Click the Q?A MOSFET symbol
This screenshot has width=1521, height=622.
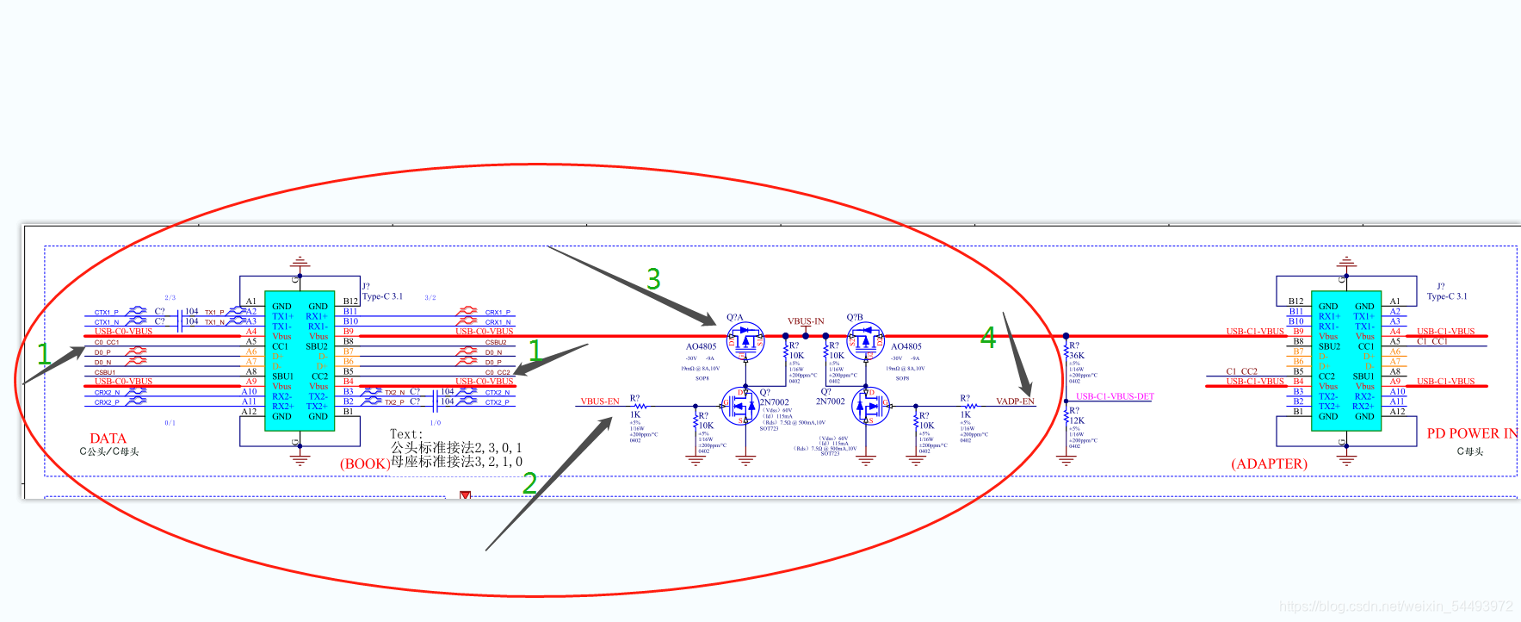coord(745,341)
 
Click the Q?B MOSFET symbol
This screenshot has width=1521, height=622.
coord(865,341)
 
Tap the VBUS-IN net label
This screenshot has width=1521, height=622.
coord(806,321)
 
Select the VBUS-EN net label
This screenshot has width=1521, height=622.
coord(600,401)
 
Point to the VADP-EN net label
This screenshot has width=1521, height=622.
coord(1015,401)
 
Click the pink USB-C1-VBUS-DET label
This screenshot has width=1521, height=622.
coord(1115,396)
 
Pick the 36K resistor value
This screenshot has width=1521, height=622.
coord(1077,355)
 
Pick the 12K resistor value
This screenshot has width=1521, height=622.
coord(1077,420)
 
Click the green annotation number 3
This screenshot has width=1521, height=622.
coord(653,279)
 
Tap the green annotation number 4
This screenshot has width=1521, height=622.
coord(988,338)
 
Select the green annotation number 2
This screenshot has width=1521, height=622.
coord(529,483)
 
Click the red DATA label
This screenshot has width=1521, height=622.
coord(108,439)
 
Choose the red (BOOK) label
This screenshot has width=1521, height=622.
coord(365,463)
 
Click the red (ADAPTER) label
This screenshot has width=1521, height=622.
coord(1269,463)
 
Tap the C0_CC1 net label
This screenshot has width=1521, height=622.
coord(107,342)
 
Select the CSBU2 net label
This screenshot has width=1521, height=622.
coord(496,342)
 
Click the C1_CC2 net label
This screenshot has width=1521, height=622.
coord(1241,371)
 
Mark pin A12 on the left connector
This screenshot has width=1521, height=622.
coord(249,412)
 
